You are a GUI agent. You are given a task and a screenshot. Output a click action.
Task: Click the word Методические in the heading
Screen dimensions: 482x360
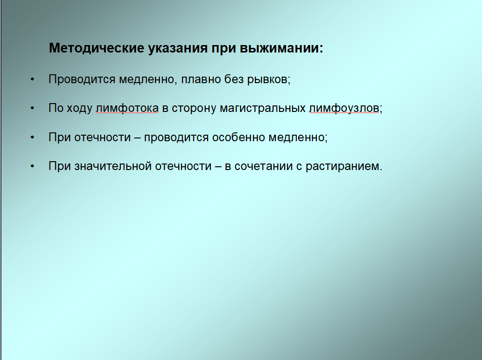(97, 48)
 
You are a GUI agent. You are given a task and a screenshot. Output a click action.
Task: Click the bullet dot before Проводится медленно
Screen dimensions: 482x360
(33, 79)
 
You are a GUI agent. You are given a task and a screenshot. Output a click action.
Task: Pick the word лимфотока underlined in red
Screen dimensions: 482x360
(127, 108)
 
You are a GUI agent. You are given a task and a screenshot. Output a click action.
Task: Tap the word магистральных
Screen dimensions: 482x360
(263, 108)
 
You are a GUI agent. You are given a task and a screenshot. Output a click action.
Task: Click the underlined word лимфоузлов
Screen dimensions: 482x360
(344, 108)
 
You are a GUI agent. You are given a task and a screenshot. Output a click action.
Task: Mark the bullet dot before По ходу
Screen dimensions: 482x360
(33, 108)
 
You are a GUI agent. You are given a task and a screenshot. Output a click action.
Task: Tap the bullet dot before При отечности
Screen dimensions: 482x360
(33, 137)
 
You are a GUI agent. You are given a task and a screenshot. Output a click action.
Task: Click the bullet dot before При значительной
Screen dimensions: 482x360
(33, 166)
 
